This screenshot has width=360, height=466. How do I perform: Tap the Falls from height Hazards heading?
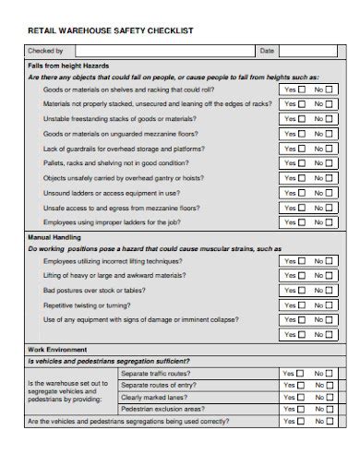click(x=68, y=66)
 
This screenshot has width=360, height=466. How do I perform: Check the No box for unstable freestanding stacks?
click(x=331, y=120)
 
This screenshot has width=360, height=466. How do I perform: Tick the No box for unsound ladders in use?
click(x=331, y=193)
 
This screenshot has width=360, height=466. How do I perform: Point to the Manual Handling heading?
click(x=57, y=237)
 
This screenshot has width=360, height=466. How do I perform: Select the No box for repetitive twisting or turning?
click(x=331, y=305)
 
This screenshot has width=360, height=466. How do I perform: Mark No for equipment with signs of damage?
click(x=331, y=320)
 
